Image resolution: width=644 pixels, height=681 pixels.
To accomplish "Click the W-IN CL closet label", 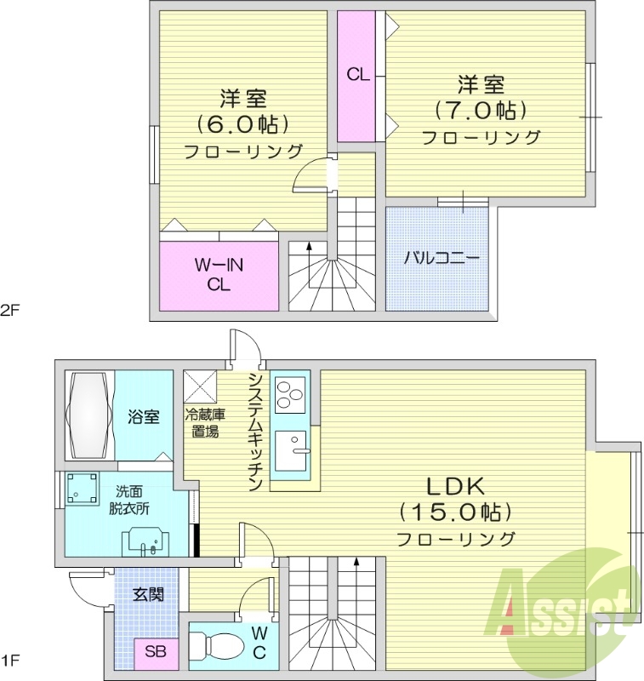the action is coord(219,274).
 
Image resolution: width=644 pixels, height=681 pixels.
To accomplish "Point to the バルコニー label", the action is coord(442,259).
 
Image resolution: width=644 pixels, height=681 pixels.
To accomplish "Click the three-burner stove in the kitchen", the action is coord(290,395).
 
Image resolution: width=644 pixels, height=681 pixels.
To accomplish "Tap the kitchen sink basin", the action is coord(291,451).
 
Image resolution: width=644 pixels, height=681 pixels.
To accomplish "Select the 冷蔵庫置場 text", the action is coord(205,423).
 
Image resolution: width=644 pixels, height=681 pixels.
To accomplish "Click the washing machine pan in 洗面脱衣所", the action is coord(83,489).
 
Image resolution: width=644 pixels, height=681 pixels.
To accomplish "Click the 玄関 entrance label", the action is coord(148,594).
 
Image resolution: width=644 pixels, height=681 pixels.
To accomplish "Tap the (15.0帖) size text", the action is coord(456,513).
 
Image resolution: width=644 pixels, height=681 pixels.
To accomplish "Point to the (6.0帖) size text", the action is coord(243,125).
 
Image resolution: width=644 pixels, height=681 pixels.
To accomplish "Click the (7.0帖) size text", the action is coord(481,111).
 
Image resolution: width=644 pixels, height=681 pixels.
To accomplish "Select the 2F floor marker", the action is coord(11,310).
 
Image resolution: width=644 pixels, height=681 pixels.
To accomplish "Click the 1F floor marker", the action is coord(11,661).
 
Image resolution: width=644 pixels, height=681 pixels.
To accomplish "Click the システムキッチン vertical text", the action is coord(256,432).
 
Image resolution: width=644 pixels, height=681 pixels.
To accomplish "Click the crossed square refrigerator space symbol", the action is coord(200,386).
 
